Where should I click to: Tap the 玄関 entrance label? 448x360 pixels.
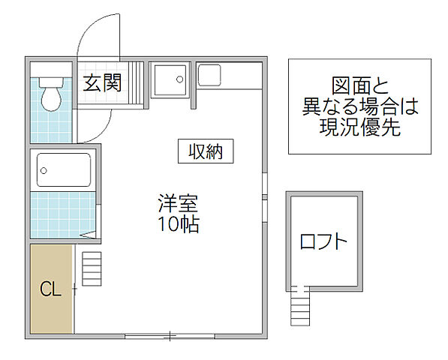point(102,82)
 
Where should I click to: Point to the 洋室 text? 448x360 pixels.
point(179,202)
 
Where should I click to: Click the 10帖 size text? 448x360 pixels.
point(179,223)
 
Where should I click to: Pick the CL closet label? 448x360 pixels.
point(50,289)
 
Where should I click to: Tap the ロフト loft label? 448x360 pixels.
point(323,241)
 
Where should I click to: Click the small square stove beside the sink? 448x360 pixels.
point(209,73)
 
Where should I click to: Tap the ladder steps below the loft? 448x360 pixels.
point(299,307)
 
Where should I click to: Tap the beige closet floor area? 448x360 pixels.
point(50,307)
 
